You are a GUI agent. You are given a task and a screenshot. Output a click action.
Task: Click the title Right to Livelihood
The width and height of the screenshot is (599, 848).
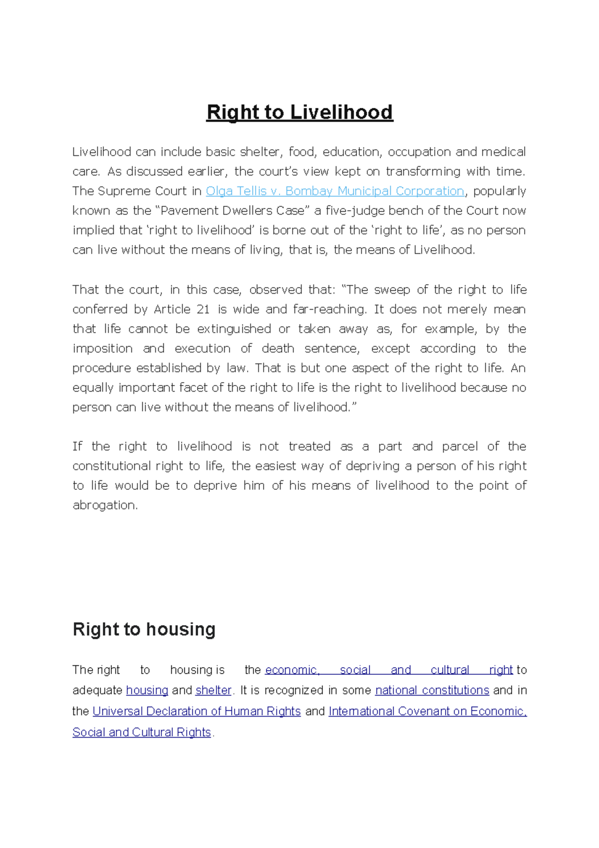coord(299,112)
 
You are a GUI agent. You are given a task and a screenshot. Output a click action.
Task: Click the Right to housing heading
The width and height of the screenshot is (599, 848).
coord(144,629)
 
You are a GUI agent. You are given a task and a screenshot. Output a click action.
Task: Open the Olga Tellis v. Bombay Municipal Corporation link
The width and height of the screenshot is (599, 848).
coord(335,191)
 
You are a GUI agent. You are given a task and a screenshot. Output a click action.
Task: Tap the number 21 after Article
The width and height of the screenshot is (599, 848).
coord(203,310)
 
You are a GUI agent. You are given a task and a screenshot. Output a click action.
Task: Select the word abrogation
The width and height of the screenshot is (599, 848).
coord(104,505)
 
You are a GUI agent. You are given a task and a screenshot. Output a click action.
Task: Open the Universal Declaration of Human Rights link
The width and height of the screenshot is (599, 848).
coord(197,711)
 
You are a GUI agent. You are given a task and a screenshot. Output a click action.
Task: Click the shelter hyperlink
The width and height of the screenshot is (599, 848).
coord(214,690)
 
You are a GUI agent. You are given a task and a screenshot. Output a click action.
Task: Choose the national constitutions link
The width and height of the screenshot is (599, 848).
coord(432,690)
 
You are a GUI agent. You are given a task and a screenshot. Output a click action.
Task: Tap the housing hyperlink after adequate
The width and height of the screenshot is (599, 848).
coord(147,690)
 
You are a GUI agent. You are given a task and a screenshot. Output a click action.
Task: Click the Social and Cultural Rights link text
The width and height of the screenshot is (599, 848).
coord(142,732)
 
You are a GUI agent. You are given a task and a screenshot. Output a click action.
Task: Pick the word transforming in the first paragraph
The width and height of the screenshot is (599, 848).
coord(423,172)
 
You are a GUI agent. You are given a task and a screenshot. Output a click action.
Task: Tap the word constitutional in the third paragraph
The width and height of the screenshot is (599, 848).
coord(111,466)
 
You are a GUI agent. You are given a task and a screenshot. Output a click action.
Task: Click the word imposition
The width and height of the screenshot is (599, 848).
coord(102,349)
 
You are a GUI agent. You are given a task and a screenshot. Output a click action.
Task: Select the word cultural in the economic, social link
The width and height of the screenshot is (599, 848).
coord(450,670)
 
